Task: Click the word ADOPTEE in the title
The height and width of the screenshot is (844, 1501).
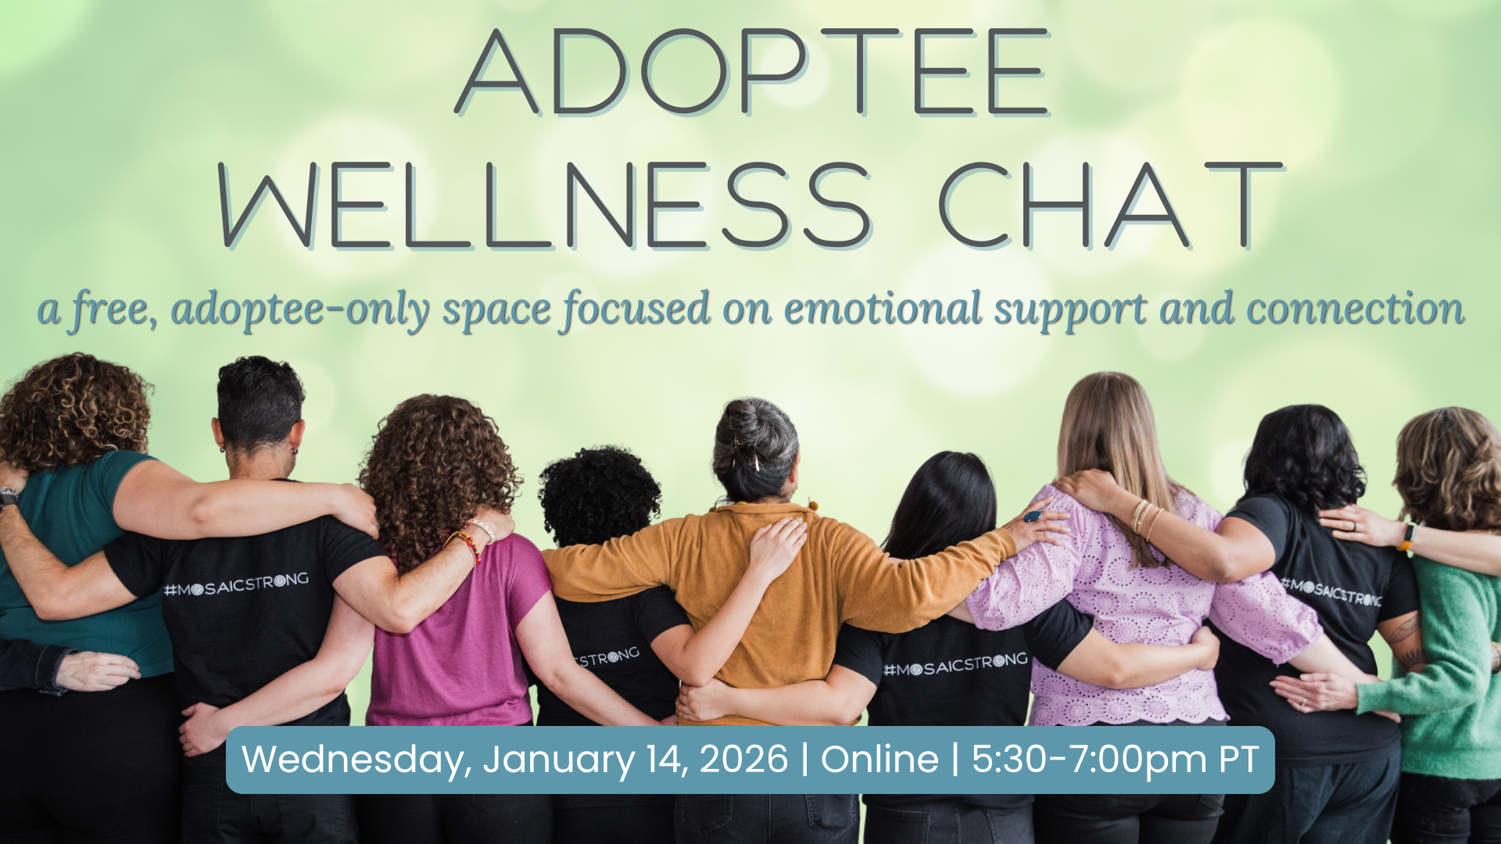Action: (x=752, y=73)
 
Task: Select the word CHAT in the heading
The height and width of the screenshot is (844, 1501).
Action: (x=1110, y=206)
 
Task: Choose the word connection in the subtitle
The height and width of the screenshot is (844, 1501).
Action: (x=1356, y=309)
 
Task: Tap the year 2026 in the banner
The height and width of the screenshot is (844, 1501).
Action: (x=743, y=759)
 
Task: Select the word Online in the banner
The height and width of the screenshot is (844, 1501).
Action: (x=879, y=759)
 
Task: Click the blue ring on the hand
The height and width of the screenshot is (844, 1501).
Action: (x=1034, y=516)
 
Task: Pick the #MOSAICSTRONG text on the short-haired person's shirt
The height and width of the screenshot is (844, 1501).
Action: (x=236, y=585)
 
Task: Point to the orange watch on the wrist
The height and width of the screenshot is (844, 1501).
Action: (x=1407, y=537)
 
